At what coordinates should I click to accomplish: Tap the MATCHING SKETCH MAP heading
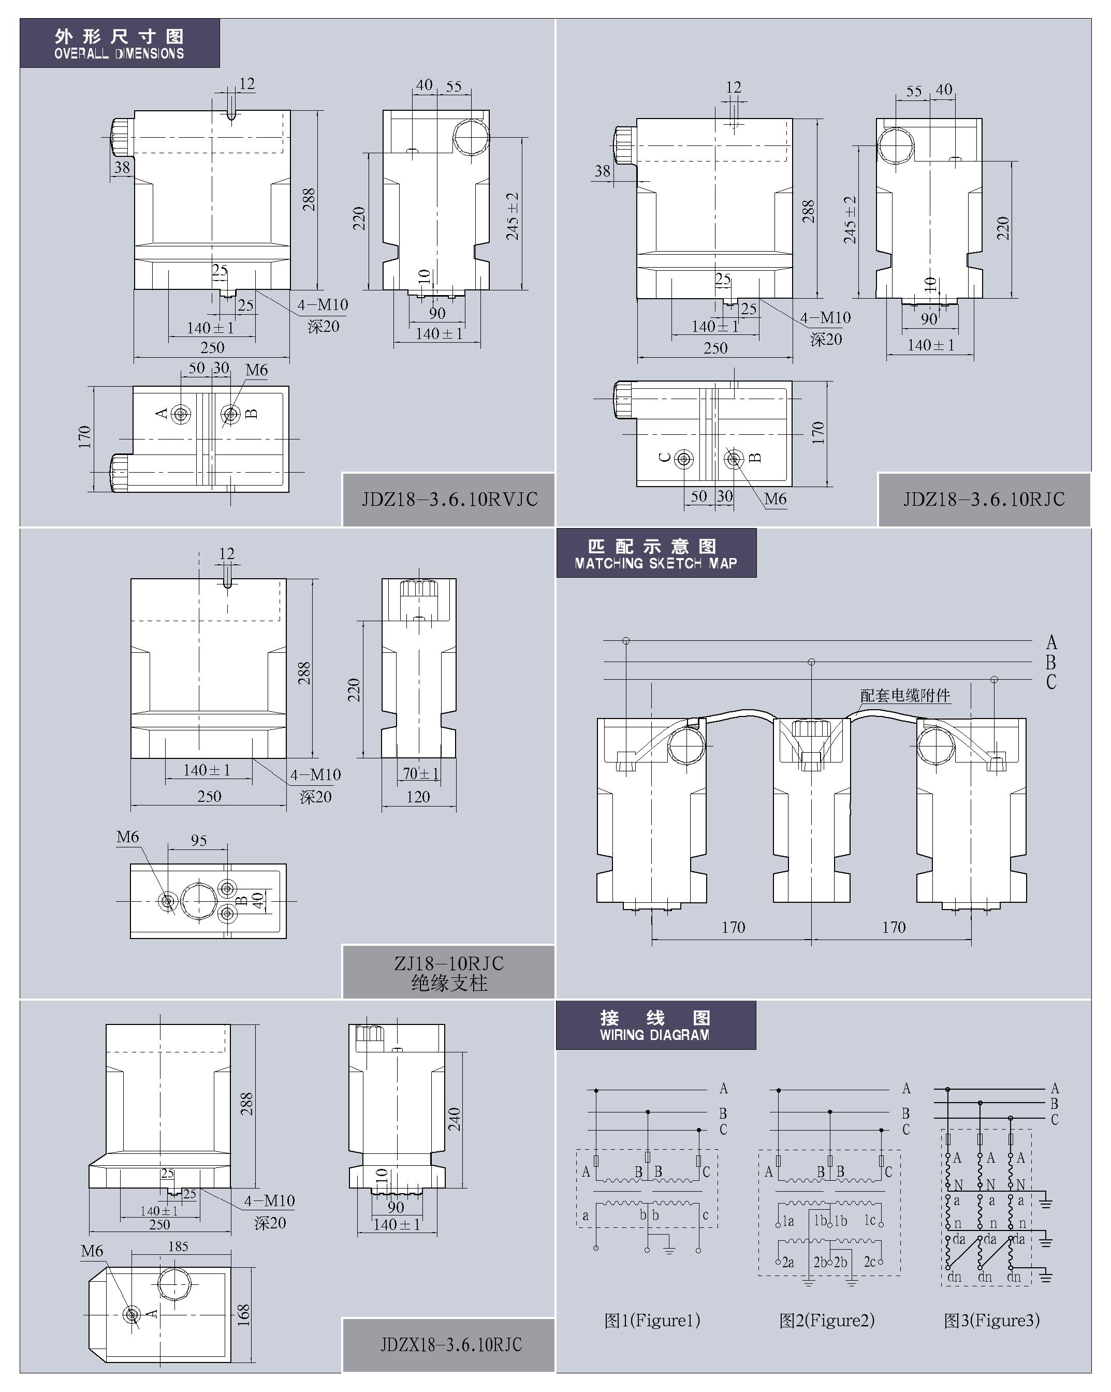(x=656, y=563)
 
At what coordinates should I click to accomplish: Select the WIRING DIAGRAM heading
(x=654, y=1034)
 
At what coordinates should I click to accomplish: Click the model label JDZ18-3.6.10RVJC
(x=449, y=499)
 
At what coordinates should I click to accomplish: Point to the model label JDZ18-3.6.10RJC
(x=984, y=499)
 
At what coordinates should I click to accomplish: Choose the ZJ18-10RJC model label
(x=449, y=963)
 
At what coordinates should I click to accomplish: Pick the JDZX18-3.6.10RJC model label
(x=451, y=1344)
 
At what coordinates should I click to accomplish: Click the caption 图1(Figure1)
(x=652, y=1321)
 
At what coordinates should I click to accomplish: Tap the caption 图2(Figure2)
(x=827, y=1321)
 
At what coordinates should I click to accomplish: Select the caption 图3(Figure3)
(x=991, y=1321)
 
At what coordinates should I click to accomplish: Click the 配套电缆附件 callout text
(x=905, y=695)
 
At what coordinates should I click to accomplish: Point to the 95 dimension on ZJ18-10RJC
(x=199, y=840)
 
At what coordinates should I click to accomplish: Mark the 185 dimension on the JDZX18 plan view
(x=178, y=1246)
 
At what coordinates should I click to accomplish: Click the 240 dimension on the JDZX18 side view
(x=455, y=1119)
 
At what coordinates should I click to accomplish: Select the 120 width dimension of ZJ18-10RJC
(x=418, y=797)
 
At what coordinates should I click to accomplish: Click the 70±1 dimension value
(x=421, y=773)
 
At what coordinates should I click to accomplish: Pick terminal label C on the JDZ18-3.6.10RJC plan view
(x=665, y=458)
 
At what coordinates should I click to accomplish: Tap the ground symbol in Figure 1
(x=669, y=1249)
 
